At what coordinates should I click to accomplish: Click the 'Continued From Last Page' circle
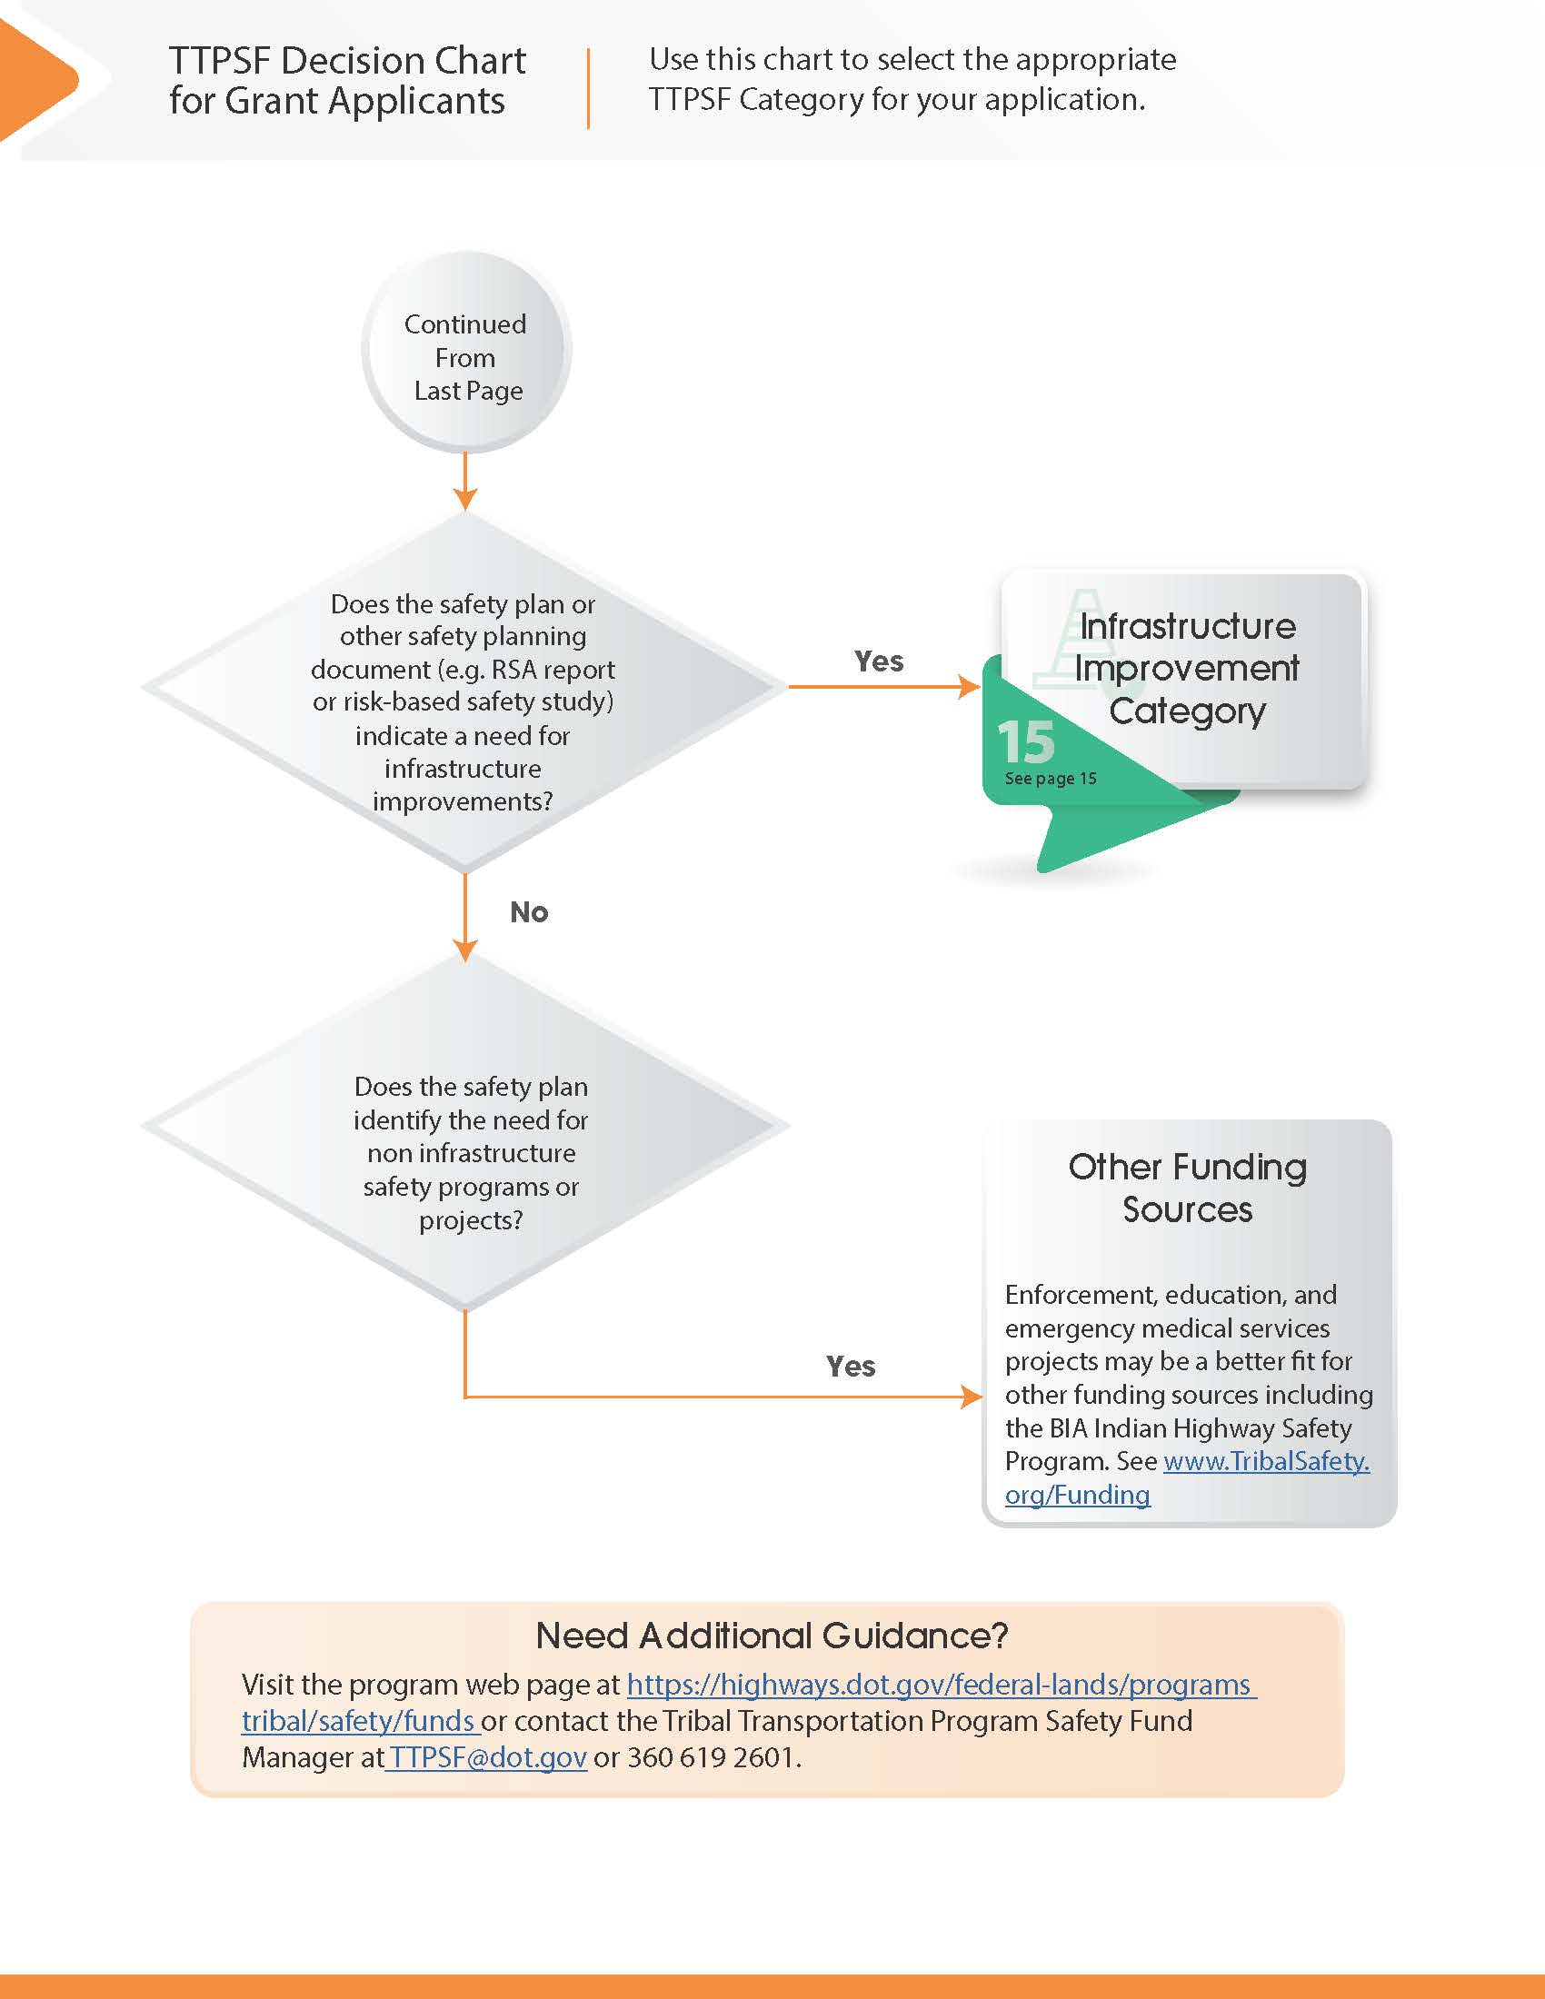[x=466, y=353]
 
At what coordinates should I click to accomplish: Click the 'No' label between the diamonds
[x=529, y=911]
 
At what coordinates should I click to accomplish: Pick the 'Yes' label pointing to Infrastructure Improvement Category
[x=879, y=661]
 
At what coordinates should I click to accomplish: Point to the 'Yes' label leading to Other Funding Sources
[x=851, y=1366]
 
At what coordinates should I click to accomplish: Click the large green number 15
[x=1026, y=741]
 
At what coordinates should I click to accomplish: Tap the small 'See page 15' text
[x=1050, y=779]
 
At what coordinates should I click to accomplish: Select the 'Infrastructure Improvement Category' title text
[x=1187, y=668]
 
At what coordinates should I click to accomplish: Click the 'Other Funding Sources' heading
[x=1187, y=1188]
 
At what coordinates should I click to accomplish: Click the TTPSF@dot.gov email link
[x=486, y=1757]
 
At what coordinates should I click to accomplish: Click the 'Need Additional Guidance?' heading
[x=772, y=1636]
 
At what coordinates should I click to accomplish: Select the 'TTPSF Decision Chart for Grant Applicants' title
[x=346, y=81]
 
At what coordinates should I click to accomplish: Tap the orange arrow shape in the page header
[x=36, y=81]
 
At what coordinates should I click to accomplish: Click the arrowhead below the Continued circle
[x=465, y=498]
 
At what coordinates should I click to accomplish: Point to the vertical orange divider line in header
[x=588, y=88]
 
